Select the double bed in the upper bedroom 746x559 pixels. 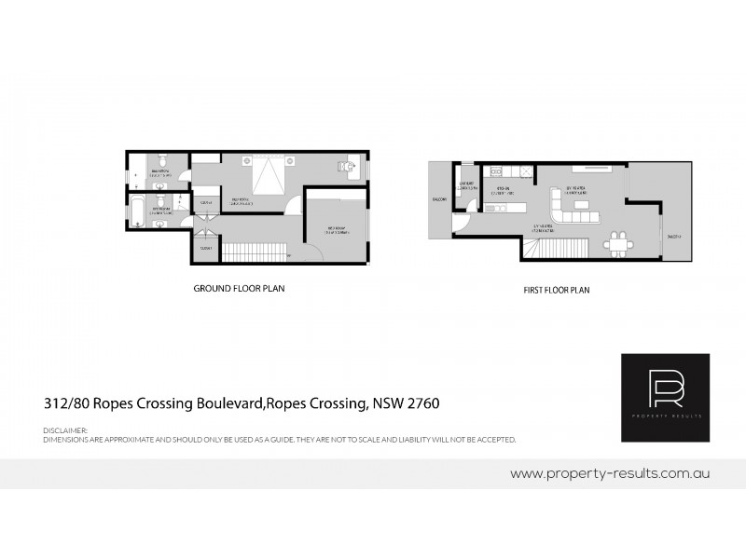[268, 175]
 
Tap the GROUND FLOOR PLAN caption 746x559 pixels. [239, 289]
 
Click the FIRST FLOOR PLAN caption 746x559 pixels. [556, 290]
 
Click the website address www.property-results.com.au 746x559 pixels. [611, 473]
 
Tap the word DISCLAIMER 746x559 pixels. [64, 429]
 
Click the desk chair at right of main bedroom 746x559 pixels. [341, 167]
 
